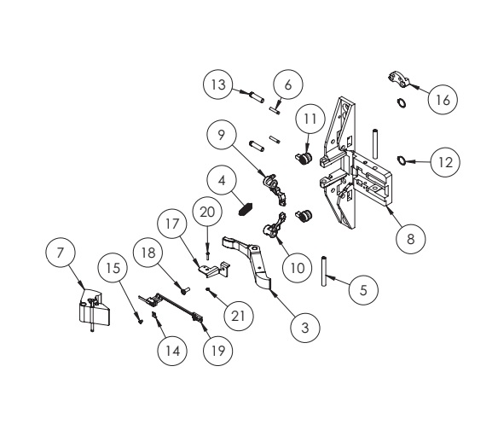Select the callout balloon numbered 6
pos(287,84)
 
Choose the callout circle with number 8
pos(411,239)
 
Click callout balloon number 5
pos(362,289)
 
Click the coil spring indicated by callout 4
pos(246,206)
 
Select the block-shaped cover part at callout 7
pos(92,311)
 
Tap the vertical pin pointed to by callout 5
pos(325,272)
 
